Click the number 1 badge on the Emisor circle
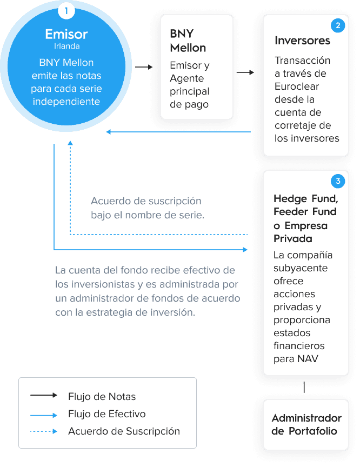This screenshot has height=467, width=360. point(66,11)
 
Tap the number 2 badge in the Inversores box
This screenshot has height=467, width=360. point(338,25)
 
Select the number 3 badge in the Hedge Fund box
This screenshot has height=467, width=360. point(338,181)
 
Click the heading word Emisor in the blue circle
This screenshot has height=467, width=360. point(66,34)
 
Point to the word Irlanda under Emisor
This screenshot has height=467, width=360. point(66,46)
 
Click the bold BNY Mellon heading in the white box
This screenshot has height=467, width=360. point(188,41)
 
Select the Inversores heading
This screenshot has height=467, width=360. point(302,41)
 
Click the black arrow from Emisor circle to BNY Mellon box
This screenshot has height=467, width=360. point(144,67)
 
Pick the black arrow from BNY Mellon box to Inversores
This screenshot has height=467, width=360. point(245,72)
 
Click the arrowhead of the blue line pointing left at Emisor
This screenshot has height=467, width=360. point(109,132)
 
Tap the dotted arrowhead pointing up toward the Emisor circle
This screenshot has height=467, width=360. point(70,143)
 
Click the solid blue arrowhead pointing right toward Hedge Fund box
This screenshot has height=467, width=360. point(245,250)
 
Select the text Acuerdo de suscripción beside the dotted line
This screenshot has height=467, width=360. point(146,201)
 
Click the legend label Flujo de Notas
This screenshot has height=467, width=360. point(102,397)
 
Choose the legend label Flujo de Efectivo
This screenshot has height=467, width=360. point(107,414)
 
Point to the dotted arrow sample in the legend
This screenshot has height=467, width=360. point(43,431)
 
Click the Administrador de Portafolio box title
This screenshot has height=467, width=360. point(306,424)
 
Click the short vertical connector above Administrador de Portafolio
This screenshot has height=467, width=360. point(304,387)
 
